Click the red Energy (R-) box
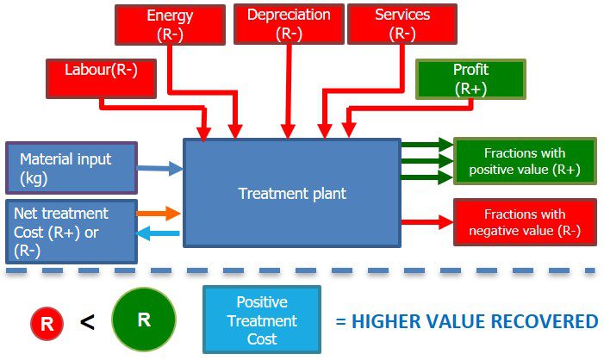tap(170, 25)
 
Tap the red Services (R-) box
tap(402, 24)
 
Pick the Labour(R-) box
tap(101, 77)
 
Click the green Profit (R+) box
tap(470, 79)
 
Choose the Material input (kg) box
tap(71, 168)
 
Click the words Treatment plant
tap(292, 194)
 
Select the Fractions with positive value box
tap(524, 161)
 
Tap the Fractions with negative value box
tap(524, 222)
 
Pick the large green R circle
tap(143, 320)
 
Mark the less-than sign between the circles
tap(87, 322)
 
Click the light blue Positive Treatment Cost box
tap(261, 320)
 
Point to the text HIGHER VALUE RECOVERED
tap(466, 322)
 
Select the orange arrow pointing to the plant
tap(159, 213)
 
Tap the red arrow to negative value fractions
tap(426, 221)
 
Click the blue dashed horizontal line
tap(302, 271)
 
